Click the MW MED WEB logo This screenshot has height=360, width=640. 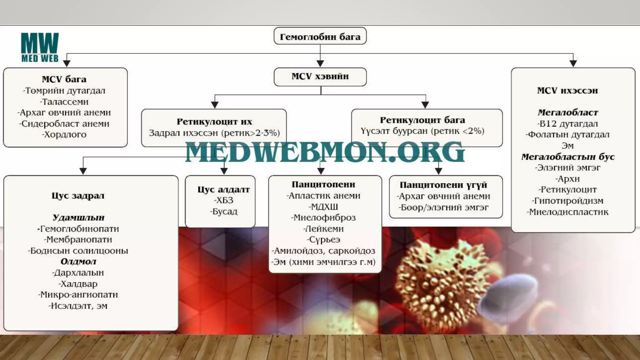pyautogui.click(x=40, y=47)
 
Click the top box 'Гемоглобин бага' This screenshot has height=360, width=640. pyautogui.click(x=320, y=37)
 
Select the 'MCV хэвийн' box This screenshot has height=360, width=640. pyautogui.click(x=320, y=77)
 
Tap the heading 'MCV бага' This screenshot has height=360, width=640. pyautogui.click(x=64, y=79)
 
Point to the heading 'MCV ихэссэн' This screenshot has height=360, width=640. pyautogui.click(x=567, y=91)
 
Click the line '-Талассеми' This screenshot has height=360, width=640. pyautogui.click(x=64, y=102)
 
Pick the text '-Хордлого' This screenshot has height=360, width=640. pyautogui.click(x=64, y=135)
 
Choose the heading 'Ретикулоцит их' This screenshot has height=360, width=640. pyautogui.click(x=214, y=122)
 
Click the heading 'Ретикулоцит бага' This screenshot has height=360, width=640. pyautogui.click(x=422, y=120)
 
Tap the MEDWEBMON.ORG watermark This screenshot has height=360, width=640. pyautogui.click(x=325, y=152)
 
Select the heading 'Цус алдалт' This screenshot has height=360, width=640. pyautogui.click(x=223, y=189)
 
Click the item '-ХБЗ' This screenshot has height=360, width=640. pyautogui.click(x=223, y=200)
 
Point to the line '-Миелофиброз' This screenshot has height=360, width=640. pyautogui.click(x=323, y=218)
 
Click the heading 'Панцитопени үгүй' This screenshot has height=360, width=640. pyautogui.click(x=443, y=185)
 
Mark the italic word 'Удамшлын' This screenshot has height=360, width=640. pyautogui.click(x=78, y=217)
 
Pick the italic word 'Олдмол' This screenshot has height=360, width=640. pyautogui.click(x=78, y=262)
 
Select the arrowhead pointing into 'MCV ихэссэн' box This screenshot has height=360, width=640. pyautogui.click(x=573, y=63)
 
